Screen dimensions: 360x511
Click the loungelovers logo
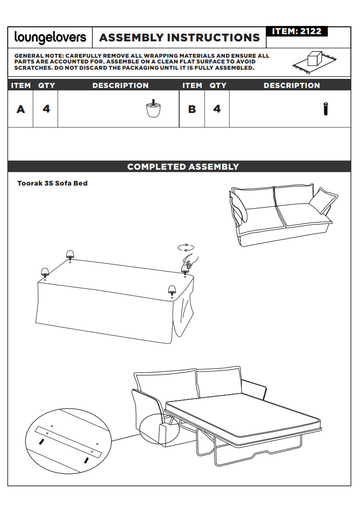(x=50, y=37)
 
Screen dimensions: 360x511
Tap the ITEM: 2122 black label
(x=297, y=31)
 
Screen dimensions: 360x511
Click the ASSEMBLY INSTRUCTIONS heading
(x=179, y=37)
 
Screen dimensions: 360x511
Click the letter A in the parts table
(x=21, y=109)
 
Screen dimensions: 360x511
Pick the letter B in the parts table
(x=192, y=109)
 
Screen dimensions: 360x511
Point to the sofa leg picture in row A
(x=153, y=108)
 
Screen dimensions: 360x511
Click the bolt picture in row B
(x=325, y=109)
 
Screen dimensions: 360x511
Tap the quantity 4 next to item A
(x=46, y=109)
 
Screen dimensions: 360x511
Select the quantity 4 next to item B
(x=217, y=109)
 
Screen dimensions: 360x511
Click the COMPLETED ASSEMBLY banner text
(x=183, y=166)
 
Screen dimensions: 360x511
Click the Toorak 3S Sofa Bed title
(x=52, y=183)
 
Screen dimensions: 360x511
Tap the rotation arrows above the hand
(x=186, y=248)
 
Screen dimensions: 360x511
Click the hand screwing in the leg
(x=191, y=261)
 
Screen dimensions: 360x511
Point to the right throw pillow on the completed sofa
(x=323, y=201)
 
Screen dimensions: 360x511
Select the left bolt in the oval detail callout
(x=41, y=442)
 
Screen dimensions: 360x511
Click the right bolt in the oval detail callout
(x=87, y=460)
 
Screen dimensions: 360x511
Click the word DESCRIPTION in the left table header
(x=121, y=86)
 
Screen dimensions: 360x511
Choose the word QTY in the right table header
(x=218, y=86)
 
